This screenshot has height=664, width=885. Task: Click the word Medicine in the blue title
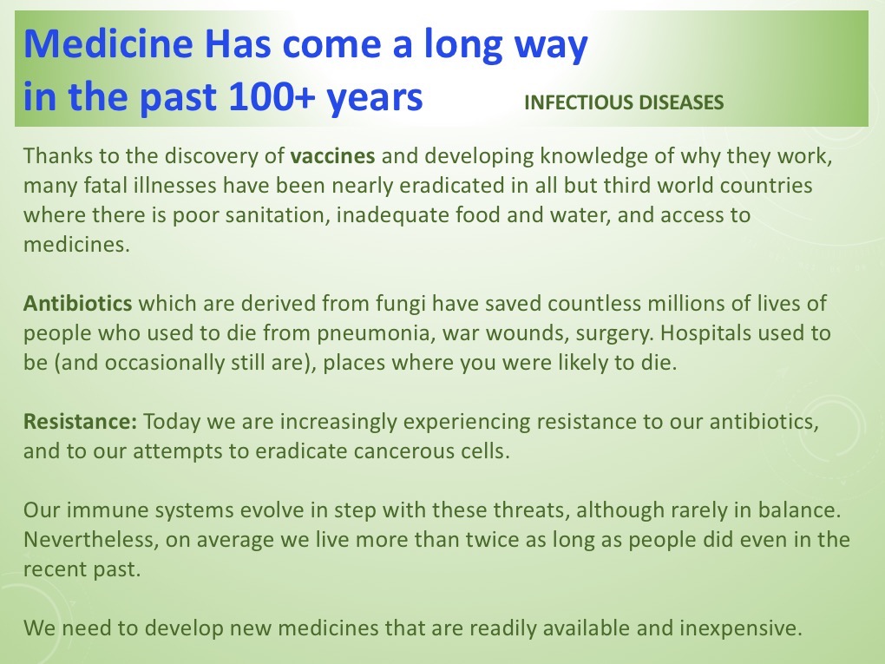pyautogui.click(x=108, y=43)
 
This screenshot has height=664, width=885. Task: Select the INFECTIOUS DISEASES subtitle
pyautogui.click(x=624, y=102)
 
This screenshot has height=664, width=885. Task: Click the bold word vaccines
pyautogui.click(x=332, y=156)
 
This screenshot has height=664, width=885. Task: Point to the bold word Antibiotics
pyautogui.click(x=78, y=303)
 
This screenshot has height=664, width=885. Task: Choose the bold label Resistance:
pyautogui.click(x=80, y=421)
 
